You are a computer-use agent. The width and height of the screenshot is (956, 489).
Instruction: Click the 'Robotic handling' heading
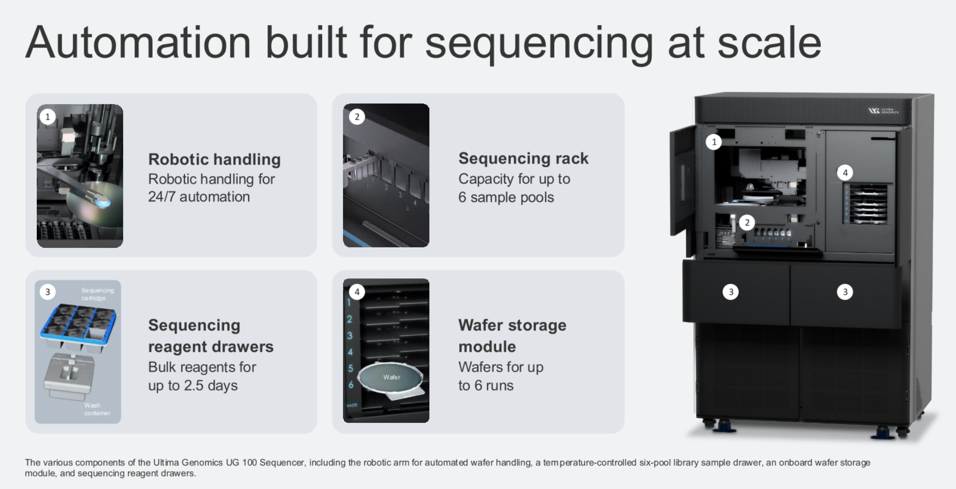[x=214, y=160]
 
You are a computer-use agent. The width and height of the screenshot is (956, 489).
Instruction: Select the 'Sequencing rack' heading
[x=523, y=159]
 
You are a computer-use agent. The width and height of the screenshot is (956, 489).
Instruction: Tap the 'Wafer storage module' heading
[x=512, y=336]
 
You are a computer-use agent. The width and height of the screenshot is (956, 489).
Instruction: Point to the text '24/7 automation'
[x=199, y=197]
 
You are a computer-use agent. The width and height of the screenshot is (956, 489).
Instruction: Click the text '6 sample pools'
[x=506, y=197]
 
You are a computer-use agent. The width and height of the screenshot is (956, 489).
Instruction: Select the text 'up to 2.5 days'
[x=192, y=385]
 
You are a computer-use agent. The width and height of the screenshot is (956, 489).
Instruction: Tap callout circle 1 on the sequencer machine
[x=714, y=142]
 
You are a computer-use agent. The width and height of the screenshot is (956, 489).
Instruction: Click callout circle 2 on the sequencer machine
[x=747, y=222]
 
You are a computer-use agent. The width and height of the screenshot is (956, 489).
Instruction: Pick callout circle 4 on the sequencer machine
[x=845, y=173]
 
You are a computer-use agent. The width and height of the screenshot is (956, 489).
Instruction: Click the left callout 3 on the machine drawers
[x=730, y=292]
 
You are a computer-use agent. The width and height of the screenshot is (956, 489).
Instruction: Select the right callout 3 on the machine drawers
[x=845, y=292]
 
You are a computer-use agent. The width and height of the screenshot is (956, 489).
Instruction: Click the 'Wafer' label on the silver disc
[x=391, y=377]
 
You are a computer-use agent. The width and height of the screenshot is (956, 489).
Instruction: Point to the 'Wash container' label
[x=96, y=409]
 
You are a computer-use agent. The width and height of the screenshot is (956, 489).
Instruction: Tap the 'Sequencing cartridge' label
[x=97, y=294]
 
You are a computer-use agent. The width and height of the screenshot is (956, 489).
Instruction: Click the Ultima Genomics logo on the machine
[x=883, y=111]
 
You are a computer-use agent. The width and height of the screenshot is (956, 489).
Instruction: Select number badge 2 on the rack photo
[x=357, y=117]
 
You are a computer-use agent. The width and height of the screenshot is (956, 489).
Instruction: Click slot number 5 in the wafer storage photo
[x=351, y=368]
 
